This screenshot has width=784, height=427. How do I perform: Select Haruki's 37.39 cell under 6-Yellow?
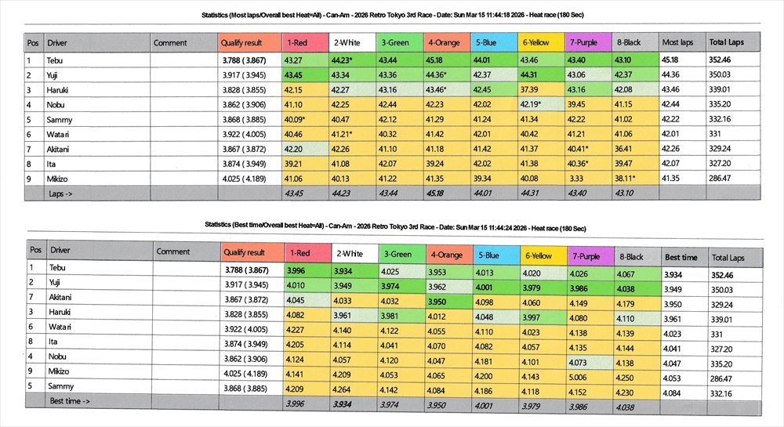click(529, 89)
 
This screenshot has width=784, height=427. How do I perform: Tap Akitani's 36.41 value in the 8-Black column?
click(623, 149)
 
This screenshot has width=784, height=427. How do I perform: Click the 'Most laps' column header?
click(677, 42)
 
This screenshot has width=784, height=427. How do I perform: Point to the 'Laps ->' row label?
click(62, 193)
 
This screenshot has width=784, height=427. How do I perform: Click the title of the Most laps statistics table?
click(393, 15)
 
